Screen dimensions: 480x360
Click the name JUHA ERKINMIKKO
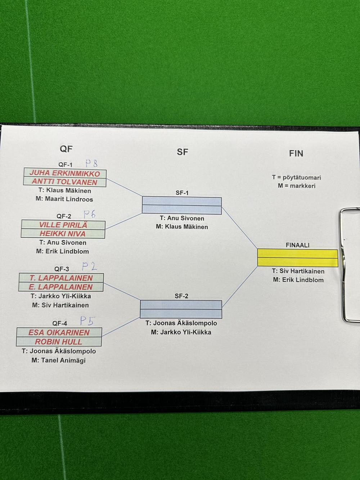point(65,173)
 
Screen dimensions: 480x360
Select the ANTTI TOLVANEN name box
point(65,182)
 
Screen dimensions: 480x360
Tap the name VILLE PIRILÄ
point(63,225)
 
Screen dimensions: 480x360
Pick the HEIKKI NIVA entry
point(63,234)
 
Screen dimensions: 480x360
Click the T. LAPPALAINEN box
point(61,278)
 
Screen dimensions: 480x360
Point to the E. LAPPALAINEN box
point(61,287)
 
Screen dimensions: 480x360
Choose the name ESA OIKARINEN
point(59,332)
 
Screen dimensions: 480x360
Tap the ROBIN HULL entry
point(59,342)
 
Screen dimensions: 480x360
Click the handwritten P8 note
point(91,164)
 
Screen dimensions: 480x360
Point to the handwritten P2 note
point(89,267)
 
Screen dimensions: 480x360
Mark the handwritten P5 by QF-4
point(86,321)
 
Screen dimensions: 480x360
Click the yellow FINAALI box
point(297,258)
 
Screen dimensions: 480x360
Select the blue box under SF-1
point(182,205)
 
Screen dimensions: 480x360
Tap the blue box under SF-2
point(181,309)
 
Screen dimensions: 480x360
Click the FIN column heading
point(296,153)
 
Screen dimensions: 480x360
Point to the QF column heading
point(66,149)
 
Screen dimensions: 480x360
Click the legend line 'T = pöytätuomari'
point(296,178)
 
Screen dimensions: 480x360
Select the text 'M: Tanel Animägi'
point(59,360)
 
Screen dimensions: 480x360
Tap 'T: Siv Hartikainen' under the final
point(298,271)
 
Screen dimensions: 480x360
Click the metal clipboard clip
point(349,265)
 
